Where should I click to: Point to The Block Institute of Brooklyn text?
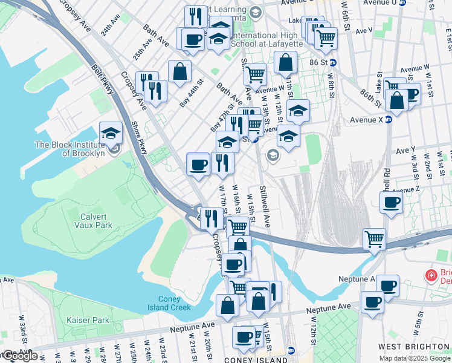(x=69, y=149)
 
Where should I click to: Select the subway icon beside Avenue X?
(x=389, y=120)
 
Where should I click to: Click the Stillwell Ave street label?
(x=265, y=202)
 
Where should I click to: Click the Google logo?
(x=19, y=356)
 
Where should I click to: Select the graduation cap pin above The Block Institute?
(x=111, y=132)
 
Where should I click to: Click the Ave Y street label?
(x=405, y=149)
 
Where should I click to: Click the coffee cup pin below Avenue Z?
(x=391, y=203)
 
